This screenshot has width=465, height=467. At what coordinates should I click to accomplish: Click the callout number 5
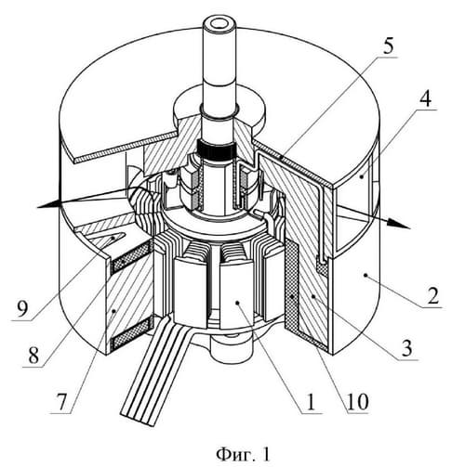click(387, 46)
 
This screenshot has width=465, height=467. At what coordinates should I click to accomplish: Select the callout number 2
click(432, 295)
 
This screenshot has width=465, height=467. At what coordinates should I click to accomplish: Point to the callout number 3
click(406, 347)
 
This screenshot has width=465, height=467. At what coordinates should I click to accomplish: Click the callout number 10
click(357, 401)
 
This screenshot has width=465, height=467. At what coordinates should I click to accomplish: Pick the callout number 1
click(311, 402)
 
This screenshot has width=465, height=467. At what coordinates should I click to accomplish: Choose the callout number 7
click(61, 402)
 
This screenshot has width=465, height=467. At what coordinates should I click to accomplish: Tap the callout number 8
click(33, 356)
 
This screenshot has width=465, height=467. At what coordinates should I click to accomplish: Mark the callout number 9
click(22, 309)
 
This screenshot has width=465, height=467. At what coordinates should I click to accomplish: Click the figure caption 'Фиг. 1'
click(243, 454)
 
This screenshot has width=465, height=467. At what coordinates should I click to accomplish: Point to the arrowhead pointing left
click(48, 204)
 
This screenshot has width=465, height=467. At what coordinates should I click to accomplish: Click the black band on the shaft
click(217, 150)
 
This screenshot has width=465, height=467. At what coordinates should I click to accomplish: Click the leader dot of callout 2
click(366, 274)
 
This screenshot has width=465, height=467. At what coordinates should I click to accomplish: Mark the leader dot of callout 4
click(362, 176)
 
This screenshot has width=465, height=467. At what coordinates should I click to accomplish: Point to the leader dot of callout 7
click(114, 310)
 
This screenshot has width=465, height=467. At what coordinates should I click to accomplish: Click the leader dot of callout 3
click(313, 296)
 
